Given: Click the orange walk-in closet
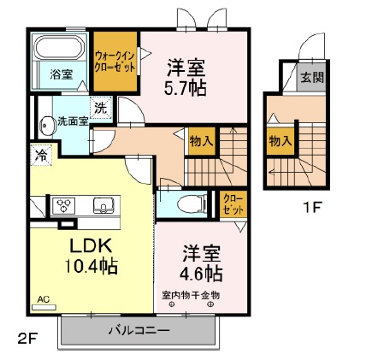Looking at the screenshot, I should click(115, 62).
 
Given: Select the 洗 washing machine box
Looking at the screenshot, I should click(100, 109).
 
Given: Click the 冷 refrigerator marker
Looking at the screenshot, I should click(41, 156).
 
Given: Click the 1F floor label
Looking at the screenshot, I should click(312, 206).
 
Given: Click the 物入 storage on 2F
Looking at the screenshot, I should click(201, 140).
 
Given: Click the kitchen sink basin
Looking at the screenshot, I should click(103, 205).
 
